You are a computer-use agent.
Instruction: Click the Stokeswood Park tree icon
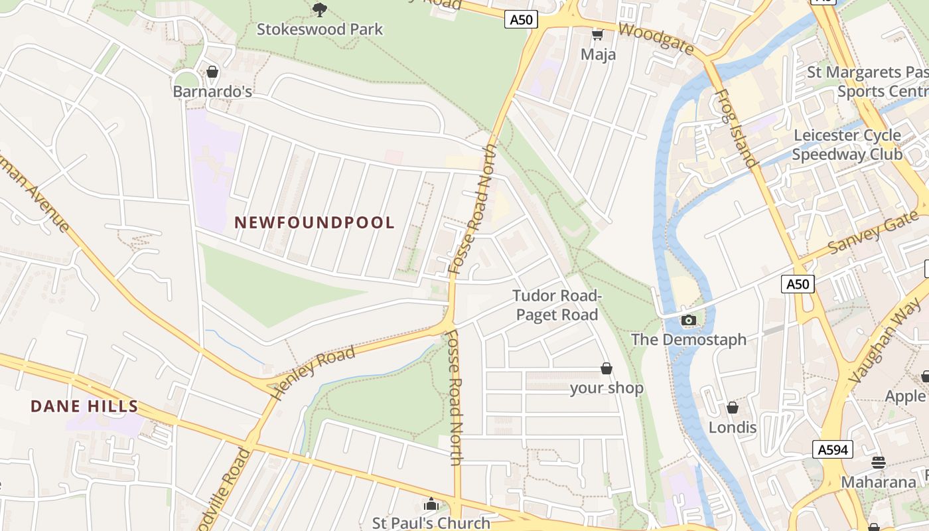point(320,9)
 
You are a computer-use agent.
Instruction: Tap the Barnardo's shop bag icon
point(212,71)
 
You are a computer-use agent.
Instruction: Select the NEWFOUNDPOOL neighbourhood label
point(315,222)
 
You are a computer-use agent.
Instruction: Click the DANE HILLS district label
point(84,406)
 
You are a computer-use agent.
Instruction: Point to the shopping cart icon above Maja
point(597,35)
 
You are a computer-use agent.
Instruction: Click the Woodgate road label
point(656,39)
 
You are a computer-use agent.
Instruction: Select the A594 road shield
point(833,449)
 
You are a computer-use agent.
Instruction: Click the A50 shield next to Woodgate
point(521,20)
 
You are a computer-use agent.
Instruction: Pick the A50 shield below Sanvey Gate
point(797,284)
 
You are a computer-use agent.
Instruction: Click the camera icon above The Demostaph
point(688,321)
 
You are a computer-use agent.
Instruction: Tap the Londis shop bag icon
point(732,407)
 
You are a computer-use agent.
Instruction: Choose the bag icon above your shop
point(606,368)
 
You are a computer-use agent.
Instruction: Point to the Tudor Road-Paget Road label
point(557,305)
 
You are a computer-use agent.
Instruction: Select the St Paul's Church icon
point(431,504)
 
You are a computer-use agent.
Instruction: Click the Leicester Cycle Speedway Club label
point(847,145)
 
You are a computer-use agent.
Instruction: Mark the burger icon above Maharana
point(878,462)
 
